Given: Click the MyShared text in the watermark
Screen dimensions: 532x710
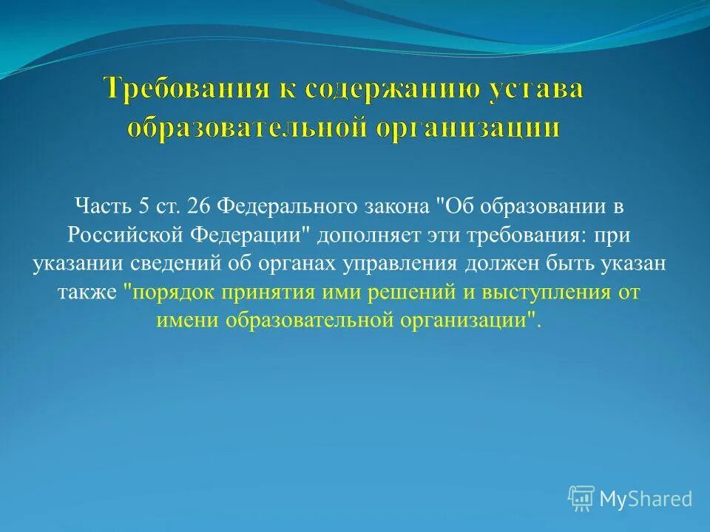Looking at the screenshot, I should [646, 499].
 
